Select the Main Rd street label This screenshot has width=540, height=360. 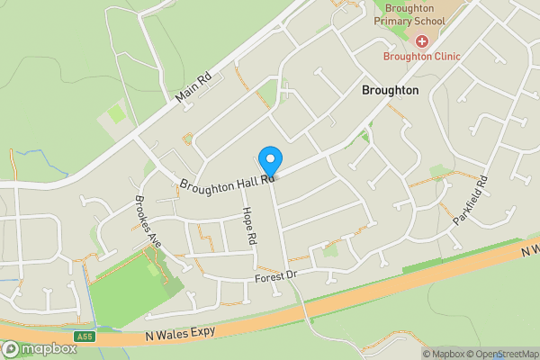193,87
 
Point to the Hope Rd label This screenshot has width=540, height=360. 249,228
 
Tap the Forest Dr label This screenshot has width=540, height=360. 274,276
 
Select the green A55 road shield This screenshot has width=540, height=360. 85,336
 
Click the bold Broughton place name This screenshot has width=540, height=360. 390,91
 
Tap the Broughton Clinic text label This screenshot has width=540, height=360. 421,57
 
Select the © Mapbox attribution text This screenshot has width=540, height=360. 443,354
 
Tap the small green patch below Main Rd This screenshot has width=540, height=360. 117,114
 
